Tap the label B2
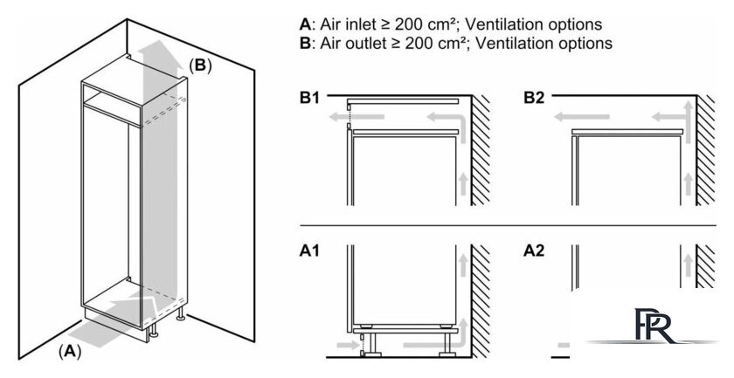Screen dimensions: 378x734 tap(534, 99)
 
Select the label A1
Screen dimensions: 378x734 tap(308, 251)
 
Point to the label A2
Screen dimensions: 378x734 tap(534, 251)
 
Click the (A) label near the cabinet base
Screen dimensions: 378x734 tap(70, 352)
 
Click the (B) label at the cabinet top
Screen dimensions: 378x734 tap(200, 65)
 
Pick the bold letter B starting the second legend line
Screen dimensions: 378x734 tap(304, 42)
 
